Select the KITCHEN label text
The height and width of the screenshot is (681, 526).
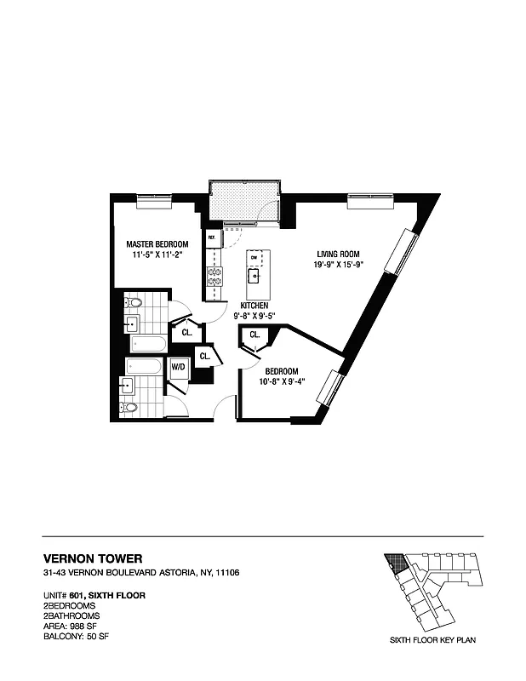coord(254,305)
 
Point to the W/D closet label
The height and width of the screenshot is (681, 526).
coord(179,368)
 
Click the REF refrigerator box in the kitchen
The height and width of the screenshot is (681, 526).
coord(212,238)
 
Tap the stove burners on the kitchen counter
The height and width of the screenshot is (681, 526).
coord(214,276)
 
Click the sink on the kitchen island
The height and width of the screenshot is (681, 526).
coord(254,274)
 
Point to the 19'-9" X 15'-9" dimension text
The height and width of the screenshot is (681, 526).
coord(340,265)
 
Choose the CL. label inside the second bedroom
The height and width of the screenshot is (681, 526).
coord(254,335)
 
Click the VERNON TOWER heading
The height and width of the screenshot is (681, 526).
coord(88,558)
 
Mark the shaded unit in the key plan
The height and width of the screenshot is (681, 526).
coord(394,562)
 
